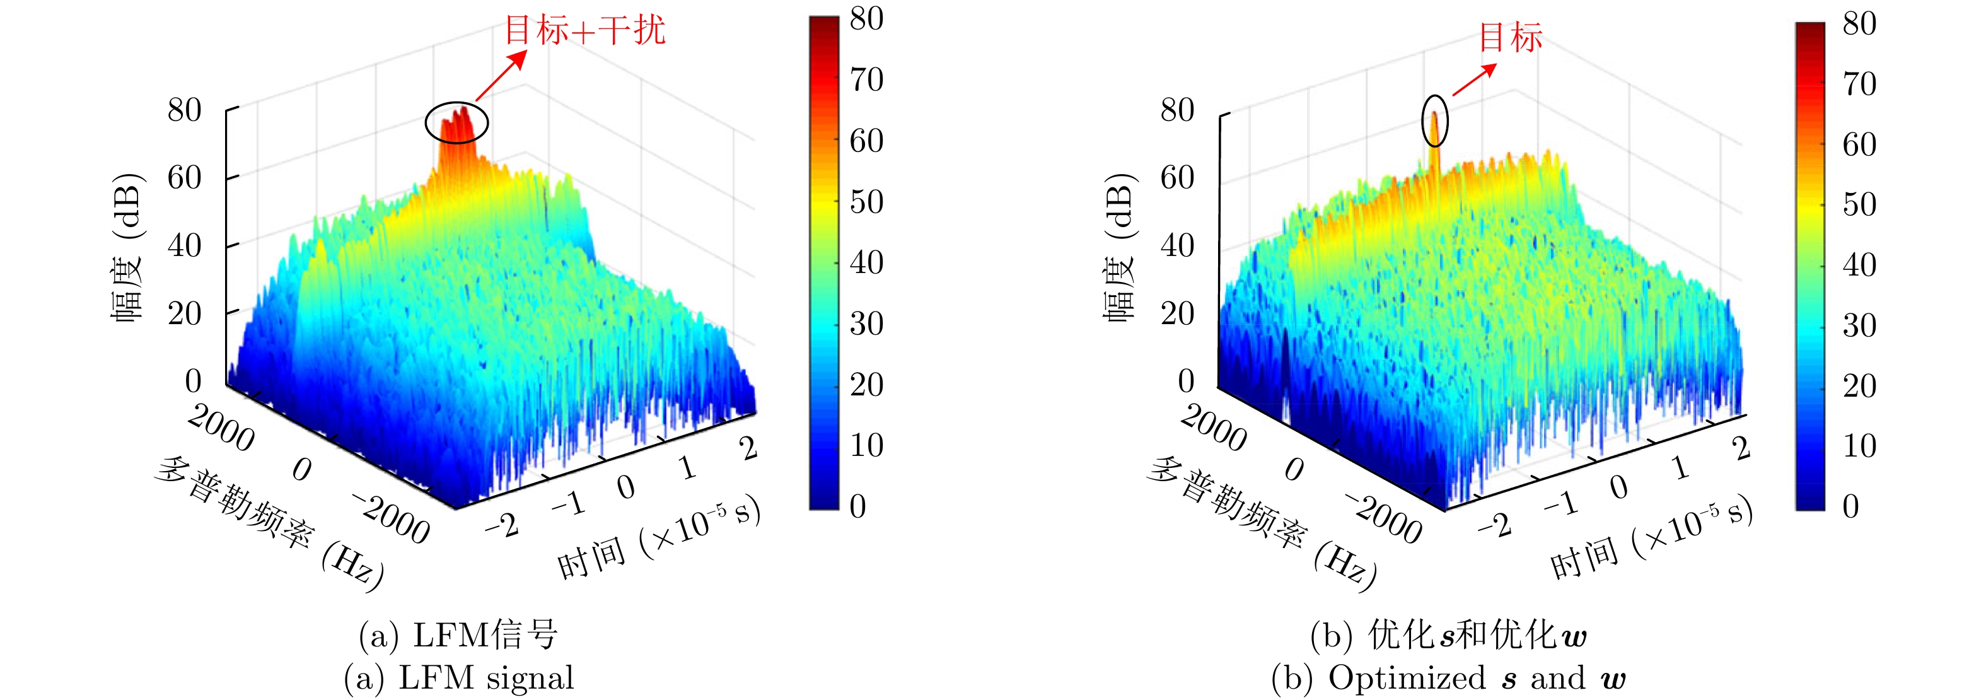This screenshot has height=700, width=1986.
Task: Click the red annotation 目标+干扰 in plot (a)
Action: (584, 31)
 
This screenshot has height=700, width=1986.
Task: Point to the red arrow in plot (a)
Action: (502, 75)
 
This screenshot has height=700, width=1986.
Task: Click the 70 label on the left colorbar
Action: (866, 79)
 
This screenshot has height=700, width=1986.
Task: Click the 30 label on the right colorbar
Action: (1859, 325)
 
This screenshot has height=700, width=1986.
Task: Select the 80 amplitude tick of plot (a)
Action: (184, 110)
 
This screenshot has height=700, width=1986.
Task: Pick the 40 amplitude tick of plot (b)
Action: (1177, 246)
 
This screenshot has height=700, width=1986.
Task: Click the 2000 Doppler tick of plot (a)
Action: (221, 429)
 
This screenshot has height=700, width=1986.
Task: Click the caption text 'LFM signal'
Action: (485, 679)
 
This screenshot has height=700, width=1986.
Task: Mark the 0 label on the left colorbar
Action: (857, 506)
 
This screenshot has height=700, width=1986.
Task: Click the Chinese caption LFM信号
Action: (485, 635)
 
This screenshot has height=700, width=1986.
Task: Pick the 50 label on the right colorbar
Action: (1859, 204)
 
